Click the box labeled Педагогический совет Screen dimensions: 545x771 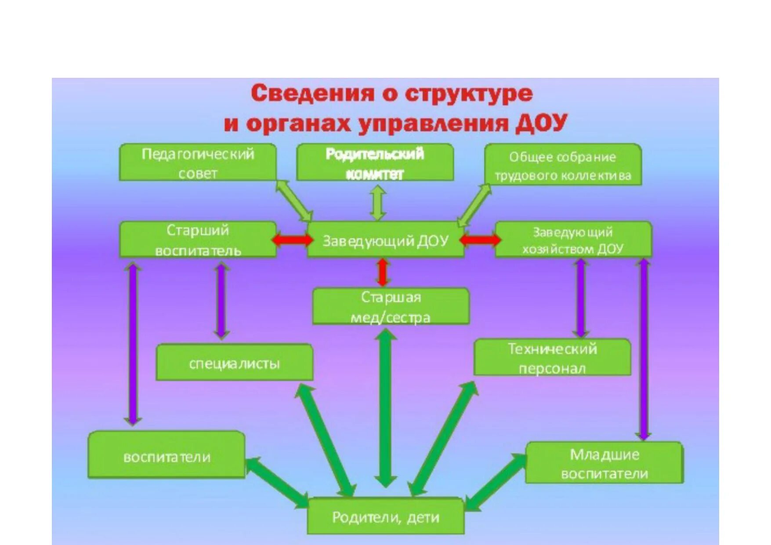point(198,162)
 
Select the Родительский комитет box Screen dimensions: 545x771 point(375,162)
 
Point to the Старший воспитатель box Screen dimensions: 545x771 point(198,240)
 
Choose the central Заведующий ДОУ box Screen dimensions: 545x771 point(385,240)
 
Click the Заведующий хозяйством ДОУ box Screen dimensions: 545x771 point(573,240)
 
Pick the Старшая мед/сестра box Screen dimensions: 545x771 point(391,306)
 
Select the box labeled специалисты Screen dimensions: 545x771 point(235,363)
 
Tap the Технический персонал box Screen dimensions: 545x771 point(552,357)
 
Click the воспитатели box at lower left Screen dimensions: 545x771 point(167,455)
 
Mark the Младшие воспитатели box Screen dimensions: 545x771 point(604,463)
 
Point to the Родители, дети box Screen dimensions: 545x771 point(385,516)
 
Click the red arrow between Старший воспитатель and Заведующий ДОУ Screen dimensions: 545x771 point(292,240)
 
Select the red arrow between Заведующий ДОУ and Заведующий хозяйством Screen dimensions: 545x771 point(480,240)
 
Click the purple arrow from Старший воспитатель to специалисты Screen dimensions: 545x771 point(221,301)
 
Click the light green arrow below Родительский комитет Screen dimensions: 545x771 point(378,203)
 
